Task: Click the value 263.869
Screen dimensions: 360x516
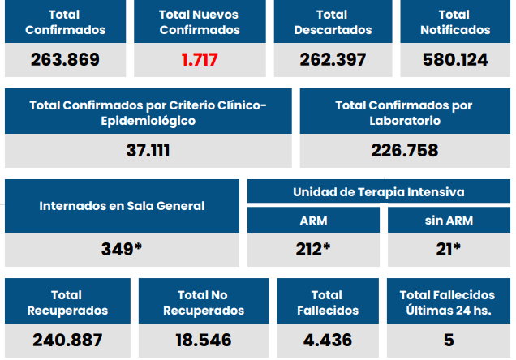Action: (65, 60)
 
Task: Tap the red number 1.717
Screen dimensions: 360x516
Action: (200, 60)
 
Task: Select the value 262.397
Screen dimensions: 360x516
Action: (333, 60)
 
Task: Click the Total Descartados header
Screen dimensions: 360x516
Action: (333, 22)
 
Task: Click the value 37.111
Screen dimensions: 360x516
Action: (148, 151)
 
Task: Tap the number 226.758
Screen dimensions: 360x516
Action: (404, 151)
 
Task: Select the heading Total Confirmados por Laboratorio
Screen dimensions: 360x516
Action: (404, 113)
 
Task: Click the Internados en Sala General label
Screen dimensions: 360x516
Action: (122, 206)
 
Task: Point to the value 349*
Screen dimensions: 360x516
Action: (122, 249)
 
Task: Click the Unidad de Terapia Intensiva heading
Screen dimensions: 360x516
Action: (379, 192)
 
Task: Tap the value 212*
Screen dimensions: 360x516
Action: (313, 249)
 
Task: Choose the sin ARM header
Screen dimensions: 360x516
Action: (448, 221)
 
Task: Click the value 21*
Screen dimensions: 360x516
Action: (448, 249)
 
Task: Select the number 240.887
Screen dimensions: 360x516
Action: (67, 340)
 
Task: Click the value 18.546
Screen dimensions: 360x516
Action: (203, 340)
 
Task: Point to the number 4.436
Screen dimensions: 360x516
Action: (327, 340)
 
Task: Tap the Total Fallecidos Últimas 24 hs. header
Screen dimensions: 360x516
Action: (448, 302)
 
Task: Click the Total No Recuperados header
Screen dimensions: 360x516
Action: (203, 302)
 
